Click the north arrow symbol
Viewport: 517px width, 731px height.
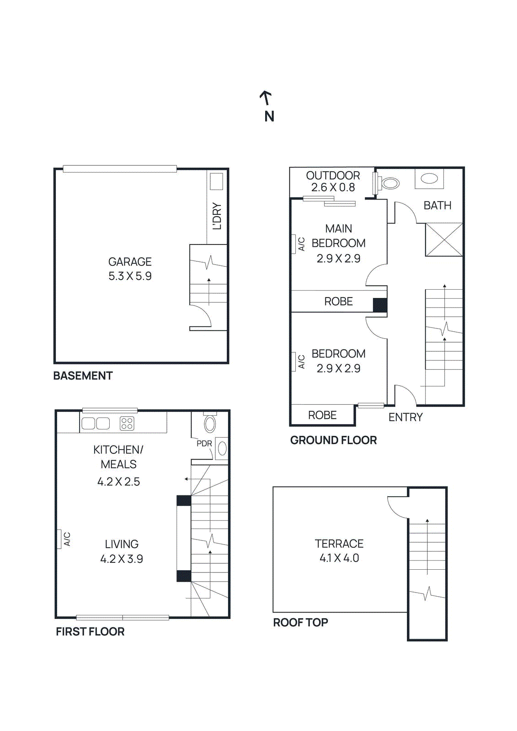(266, 98)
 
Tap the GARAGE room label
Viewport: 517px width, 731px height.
(130, 262)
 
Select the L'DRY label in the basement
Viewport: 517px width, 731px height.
(217, 216)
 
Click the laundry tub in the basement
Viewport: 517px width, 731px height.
(216, 181)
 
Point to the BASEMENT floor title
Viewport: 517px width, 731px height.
(83, 376)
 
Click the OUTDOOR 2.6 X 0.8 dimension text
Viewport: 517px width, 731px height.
(333, 187)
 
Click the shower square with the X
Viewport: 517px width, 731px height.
(444, 239)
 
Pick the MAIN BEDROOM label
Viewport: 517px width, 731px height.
(339, 236)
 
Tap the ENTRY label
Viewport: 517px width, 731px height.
(405, 417)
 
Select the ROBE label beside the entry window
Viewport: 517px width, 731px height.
(322, 415)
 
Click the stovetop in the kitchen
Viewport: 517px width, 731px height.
(127, 424)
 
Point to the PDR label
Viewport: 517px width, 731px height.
(204, 444)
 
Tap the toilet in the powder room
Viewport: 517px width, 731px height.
(210, 423)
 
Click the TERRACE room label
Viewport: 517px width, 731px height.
(339, 544)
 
